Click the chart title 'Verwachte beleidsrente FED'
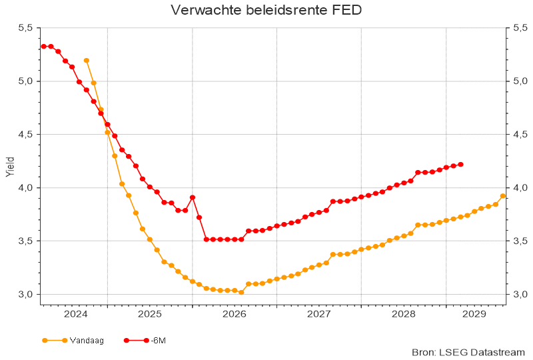[266, 10]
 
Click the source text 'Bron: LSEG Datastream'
[469, 352]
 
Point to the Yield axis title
[9, 167]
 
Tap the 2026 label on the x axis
[235, 313]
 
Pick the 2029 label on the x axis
[473, 313]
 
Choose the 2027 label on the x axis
[319, 313]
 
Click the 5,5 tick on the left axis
[25, 28]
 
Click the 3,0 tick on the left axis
[25, 294]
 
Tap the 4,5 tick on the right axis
[520, 134]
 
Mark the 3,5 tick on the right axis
[520, 241]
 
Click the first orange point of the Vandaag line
[87, 61]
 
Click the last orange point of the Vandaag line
[503, 196]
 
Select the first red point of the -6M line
[43, 46]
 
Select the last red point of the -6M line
[460, 164]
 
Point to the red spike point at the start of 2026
[193, 197]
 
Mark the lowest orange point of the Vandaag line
[241, 292]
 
